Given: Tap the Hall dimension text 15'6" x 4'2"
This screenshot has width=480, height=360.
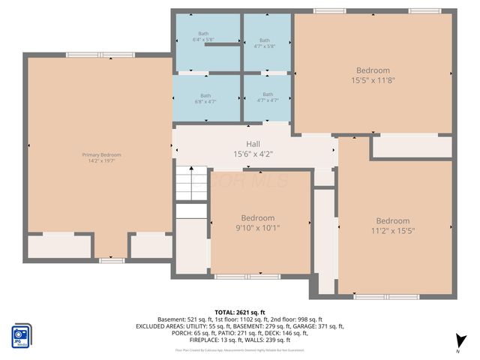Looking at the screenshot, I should tap(253, 154).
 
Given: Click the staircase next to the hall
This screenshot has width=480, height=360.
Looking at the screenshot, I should tap(191, 184).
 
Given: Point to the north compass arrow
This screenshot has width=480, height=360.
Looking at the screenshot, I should tap(460, 340).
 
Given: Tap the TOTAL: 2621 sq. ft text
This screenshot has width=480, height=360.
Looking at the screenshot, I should tap(240, 312).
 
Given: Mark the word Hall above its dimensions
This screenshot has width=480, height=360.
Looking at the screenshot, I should tap(253, 144).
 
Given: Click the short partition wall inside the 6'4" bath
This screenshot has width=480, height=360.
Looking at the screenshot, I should tap(221, 45).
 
